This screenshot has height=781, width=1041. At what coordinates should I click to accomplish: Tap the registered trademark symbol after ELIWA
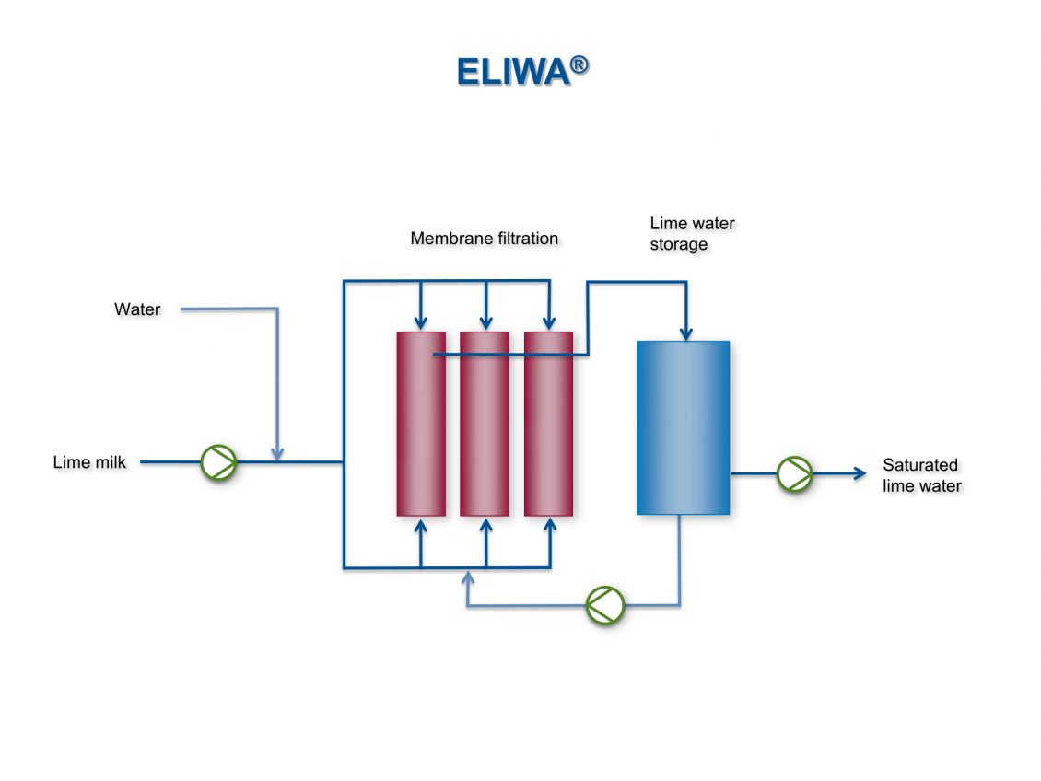click(x=579, y=64)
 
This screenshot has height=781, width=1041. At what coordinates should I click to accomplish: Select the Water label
click(x=137, y=309)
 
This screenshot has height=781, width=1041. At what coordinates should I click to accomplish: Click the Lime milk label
click(x=89, y=462)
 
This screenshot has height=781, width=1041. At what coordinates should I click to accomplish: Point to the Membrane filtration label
click(x=484, y=239)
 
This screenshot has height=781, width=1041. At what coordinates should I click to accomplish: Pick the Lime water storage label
click(x=692, y=234)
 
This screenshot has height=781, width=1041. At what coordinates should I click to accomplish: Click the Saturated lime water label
click(x=921, y=475)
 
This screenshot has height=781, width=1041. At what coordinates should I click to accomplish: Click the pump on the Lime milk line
click(x=219, y=462)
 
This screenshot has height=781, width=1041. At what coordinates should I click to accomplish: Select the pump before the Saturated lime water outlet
click(x=794, y=473)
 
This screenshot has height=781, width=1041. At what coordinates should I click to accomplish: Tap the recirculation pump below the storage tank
click(x=605, y=605)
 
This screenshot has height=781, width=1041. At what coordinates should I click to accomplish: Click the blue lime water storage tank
click(x=683, y=427)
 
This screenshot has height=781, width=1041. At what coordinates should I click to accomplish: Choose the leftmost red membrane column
click(x=421, y=424)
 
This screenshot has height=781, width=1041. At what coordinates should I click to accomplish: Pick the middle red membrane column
click(x=485, y=424)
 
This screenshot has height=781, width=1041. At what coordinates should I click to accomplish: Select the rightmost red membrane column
click(x=548, y=424)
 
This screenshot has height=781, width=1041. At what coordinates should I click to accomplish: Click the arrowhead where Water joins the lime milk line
click(x=277, y=454)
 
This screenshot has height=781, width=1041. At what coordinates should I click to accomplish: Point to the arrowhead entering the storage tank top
click(x=685, y=332)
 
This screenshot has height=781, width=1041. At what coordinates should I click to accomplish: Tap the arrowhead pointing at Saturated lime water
click(x=860, y=473)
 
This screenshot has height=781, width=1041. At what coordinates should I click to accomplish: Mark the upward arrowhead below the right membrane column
click(x=550, y=526)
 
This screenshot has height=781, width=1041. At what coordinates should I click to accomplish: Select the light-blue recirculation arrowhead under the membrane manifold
click(x=468, y=577)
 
